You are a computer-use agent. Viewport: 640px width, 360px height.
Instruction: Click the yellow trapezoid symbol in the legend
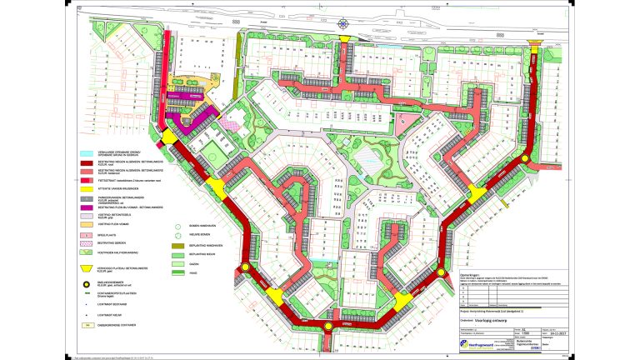pos(87,269)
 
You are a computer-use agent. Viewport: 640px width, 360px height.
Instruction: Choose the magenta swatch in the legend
pos(87,206)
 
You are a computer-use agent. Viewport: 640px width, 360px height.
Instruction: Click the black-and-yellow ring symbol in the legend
pos(87,282)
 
